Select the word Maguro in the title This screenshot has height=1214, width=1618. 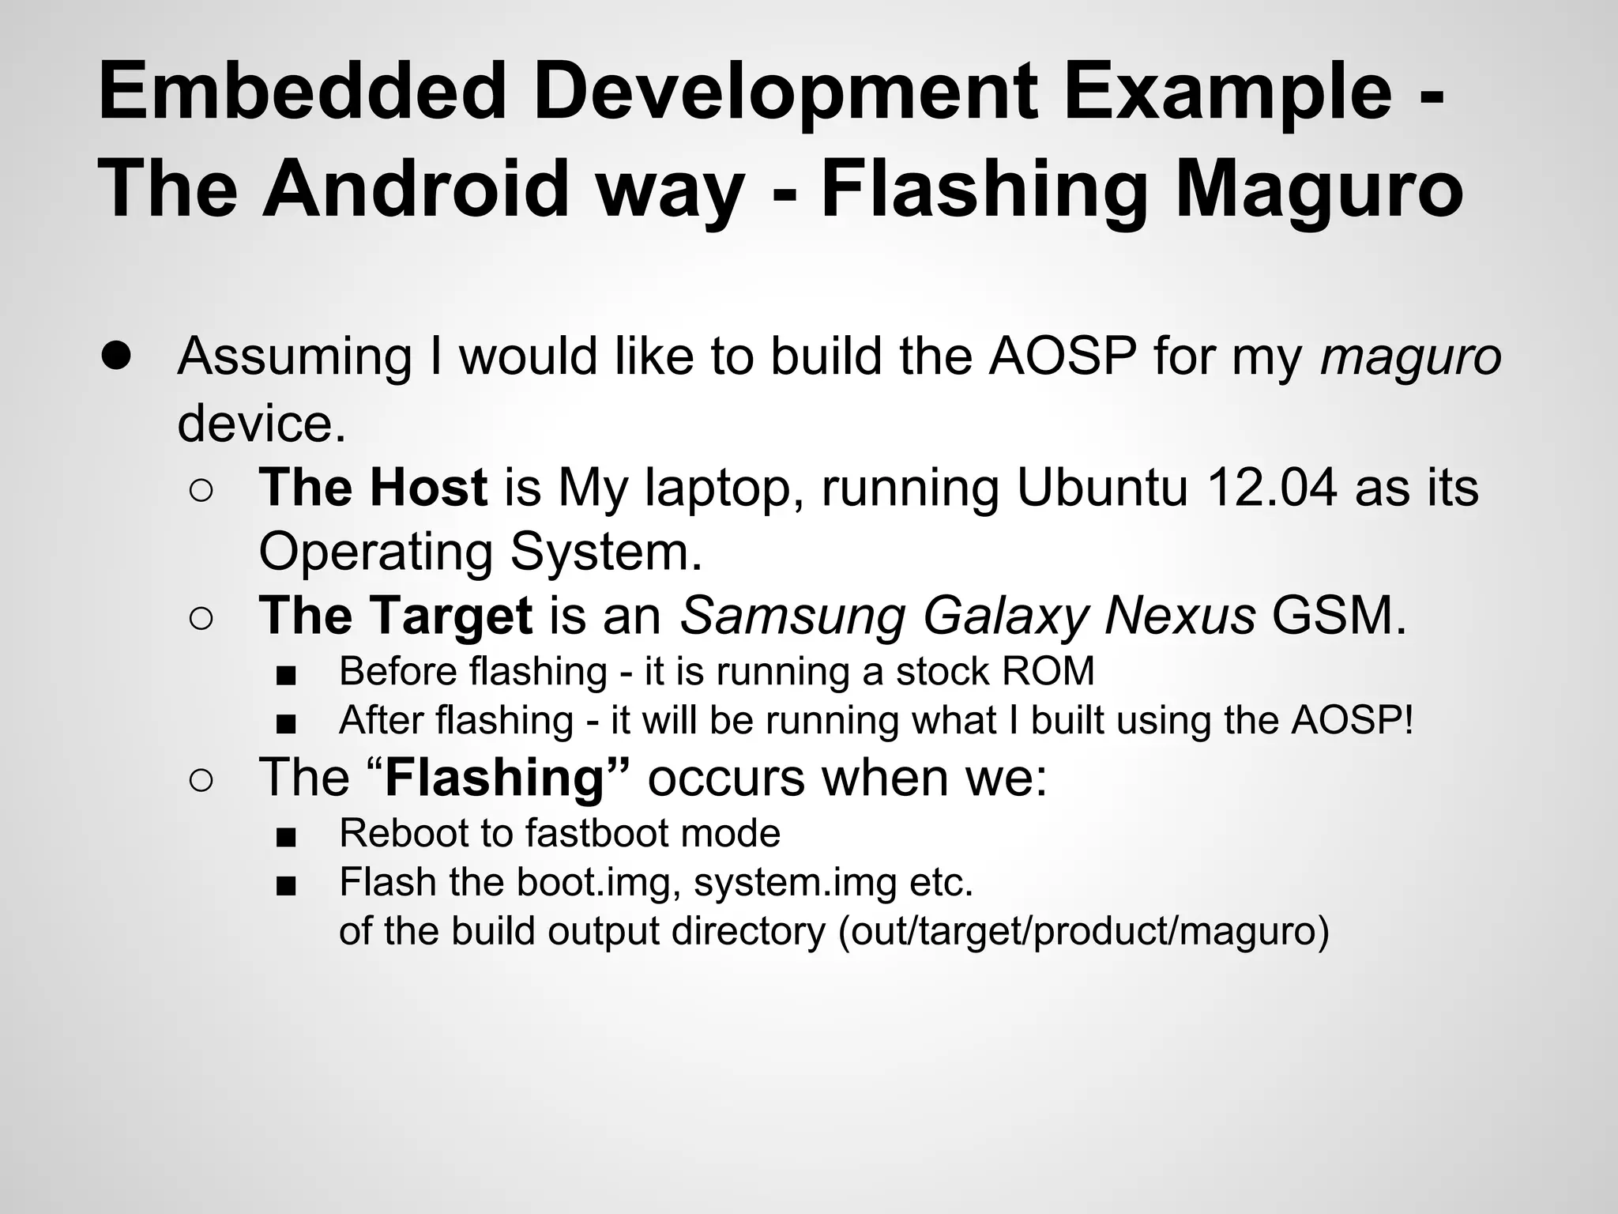[x=1319, y=189]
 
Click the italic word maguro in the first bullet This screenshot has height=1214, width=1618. [x=1410, y=356]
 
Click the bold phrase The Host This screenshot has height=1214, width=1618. [x=373, y=487]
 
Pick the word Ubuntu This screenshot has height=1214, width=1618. [x=1101, y=487]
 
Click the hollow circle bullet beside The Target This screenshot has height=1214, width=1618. [x=201, y=619]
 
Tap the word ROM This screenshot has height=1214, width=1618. [x=1048, y=672]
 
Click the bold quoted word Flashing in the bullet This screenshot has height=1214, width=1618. [x=495, y=778]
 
